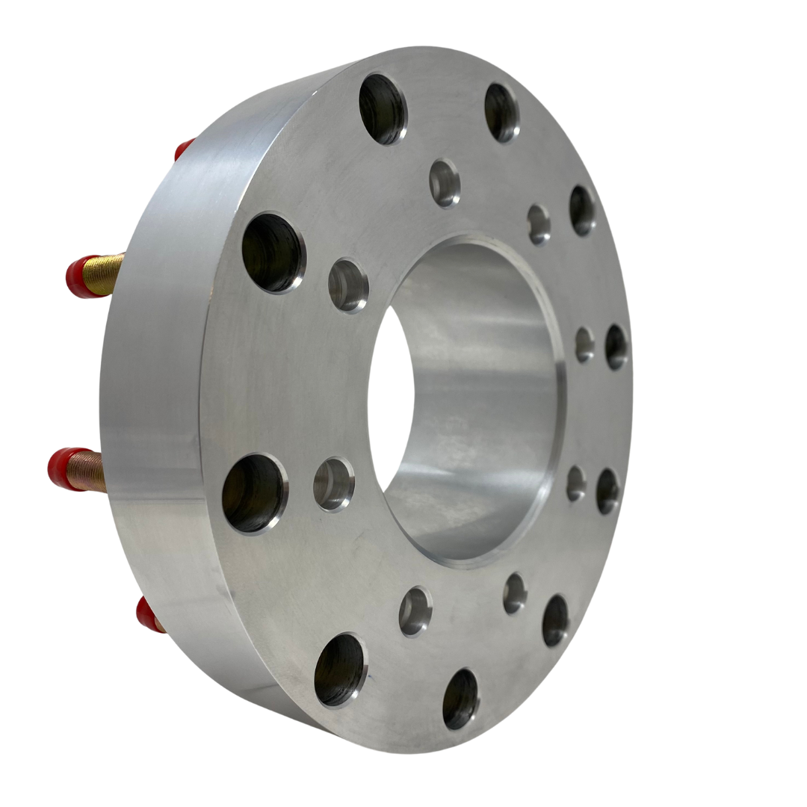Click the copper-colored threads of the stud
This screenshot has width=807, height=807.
pos(88,469)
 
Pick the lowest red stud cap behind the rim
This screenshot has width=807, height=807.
pos(148,614)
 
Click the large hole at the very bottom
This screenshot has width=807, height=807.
pos(460,698)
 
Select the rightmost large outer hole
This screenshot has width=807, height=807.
pos(616,347)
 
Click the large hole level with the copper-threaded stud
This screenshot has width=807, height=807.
pos(254,493)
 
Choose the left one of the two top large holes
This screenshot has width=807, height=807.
pos(383,108)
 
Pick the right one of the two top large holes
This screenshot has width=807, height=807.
pos(501,112)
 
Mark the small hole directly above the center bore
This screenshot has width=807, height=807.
pos(445,182)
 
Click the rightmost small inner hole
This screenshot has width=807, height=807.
pos(584,344)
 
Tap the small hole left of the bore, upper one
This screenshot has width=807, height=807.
pos(348,285)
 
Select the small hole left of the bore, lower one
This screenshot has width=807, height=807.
pos(333,484)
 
